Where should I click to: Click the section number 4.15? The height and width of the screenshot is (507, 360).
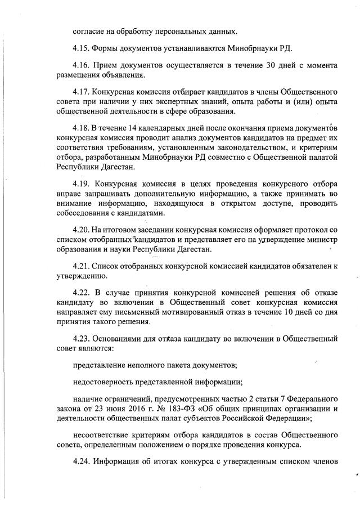pyautogui.click(x=82, y=46)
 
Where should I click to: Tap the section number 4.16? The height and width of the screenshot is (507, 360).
pyautogui.click(x=82, y=65)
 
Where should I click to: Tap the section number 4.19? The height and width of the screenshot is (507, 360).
pyautogui.click(x=82, y=184)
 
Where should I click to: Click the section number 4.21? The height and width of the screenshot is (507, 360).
pyautogui.click(x=82, y=266)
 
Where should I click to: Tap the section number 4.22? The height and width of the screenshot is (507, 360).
pyautogui.click(x=82, y=294)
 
